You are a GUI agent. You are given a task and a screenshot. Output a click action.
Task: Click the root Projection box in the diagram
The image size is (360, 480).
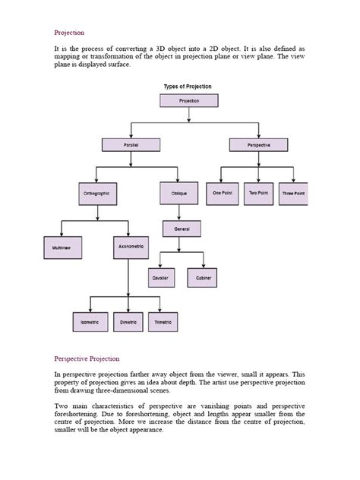point(189,100)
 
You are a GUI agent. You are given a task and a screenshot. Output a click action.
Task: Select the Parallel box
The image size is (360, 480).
point(131,144)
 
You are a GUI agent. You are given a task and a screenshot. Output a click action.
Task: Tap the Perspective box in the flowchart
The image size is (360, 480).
point(258,144)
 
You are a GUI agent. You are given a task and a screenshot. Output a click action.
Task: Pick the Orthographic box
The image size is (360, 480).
point(96,194)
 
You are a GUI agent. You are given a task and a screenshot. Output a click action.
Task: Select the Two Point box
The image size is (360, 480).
point(258,193)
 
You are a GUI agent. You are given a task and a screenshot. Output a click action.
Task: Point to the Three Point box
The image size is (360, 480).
point(294,194)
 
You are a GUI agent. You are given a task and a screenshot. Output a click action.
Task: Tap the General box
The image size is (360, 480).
point(182,228)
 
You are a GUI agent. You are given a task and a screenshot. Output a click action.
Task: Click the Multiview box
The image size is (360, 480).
point(62,248)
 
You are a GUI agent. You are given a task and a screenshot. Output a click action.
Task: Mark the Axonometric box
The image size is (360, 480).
point(131,247)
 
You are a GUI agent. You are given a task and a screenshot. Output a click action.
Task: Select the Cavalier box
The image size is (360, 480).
point(160,279)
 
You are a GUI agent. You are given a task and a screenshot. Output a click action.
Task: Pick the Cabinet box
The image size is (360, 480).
point(204,279)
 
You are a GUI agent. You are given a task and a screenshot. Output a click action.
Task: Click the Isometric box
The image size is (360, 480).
point(90,323)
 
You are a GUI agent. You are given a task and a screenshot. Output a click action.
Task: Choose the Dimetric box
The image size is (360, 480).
point(128,323)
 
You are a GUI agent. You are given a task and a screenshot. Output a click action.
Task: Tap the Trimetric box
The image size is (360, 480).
point(163,323)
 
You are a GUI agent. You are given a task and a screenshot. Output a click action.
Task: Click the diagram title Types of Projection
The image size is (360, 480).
point(189,87)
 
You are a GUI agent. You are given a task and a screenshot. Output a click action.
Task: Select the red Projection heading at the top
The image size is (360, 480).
point(69,33)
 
